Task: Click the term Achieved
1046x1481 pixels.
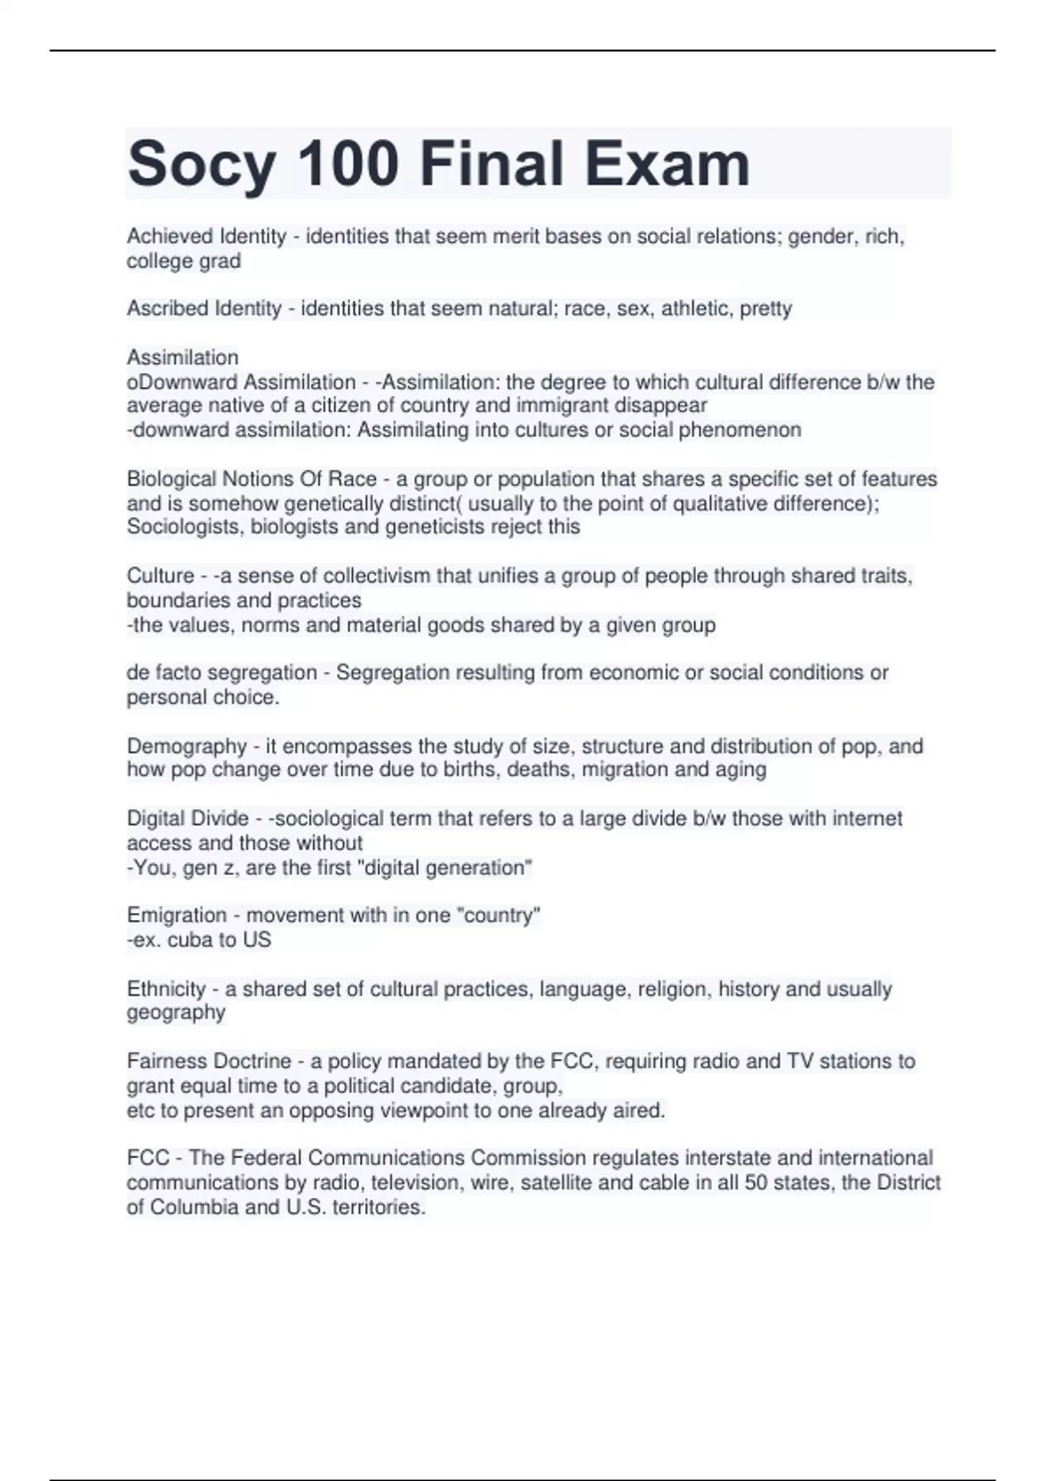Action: (170, 236)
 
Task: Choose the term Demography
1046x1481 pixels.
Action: (187, 747)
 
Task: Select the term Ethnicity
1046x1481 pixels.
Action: (166, 989)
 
